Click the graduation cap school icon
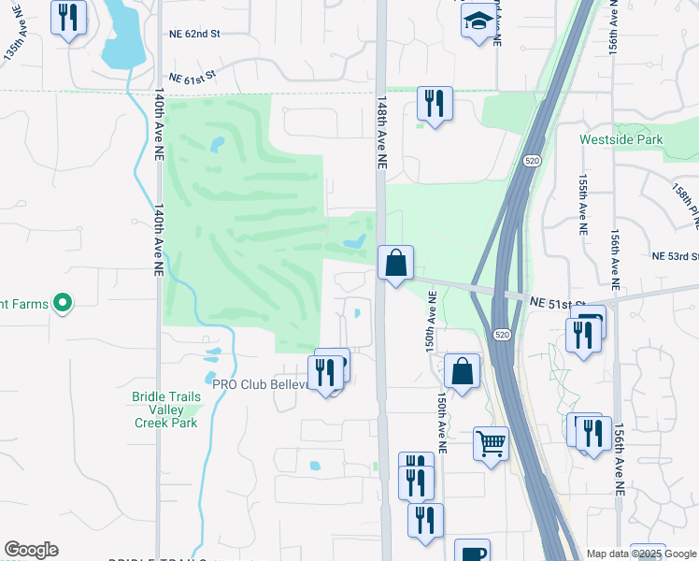[478, 21]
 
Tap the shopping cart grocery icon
[491, 442]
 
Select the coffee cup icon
[472, 552]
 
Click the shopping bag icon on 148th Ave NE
[395, 263]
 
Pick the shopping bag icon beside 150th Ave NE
[462, 371]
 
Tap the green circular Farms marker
[63, 302]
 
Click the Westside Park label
[620, 139]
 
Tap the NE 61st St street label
[193, 80]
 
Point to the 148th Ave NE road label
[381, 130]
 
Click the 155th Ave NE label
[583, 201]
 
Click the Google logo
[31, 550]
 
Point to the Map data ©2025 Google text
[641, 554]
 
